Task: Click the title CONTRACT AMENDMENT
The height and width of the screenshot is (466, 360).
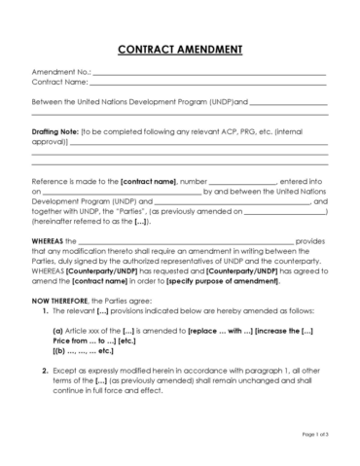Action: click(x=180, y=49)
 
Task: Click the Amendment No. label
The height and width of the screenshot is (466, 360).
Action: click(x=60, y=73)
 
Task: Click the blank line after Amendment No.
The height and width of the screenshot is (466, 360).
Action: click(x=208, y=74)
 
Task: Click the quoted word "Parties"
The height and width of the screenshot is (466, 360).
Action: click(x=121, y=211)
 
